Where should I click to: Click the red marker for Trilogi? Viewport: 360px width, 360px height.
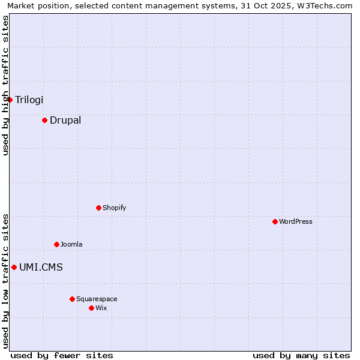click(10, 100)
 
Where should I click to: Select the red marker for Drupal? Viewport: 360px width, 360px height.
click(44, 120)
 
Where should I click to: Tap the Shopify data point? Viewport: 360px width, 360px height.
click(98, 208)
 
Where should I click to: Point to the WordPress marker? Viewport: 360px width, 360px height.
click(275, 221)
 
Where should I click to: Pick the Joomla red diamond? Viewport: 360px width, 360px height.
click(56, 244)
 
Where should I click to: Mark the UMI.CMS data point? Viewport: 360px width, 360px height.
click(14, 267)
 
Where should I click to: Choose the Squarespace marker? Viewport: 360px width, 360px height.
click(72, 299)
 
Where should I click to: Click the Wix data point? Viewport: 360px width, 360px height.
click(91, 308)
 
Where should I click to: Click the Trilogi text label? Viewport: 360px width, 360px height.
click(29, 100)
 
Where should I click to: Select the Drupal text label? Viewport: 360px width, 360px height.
click(65, 120)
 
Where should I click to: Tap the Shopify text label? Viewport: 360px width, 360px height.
click(115, 208)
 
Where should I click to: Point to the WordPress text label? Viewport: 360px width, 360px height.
click(296, 221)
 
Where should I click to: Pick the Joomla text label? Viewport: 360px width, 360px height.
click(71, 244)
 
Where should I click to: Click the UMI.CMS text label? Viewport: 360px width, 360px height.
click(41, 267)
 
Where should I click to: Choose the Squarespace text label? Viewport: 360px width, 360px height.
click(97, 299)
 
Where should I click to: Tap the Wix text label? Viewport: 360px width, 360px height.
click(101, 308)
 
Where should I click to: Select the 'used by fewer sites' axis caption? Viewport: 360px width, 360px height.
click(62, 355)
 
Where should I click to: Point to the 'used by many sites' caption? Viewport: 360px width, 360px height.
click(301, 355)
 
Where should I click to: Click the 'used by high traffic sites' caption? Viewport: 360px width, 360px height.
click(5, 85)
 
